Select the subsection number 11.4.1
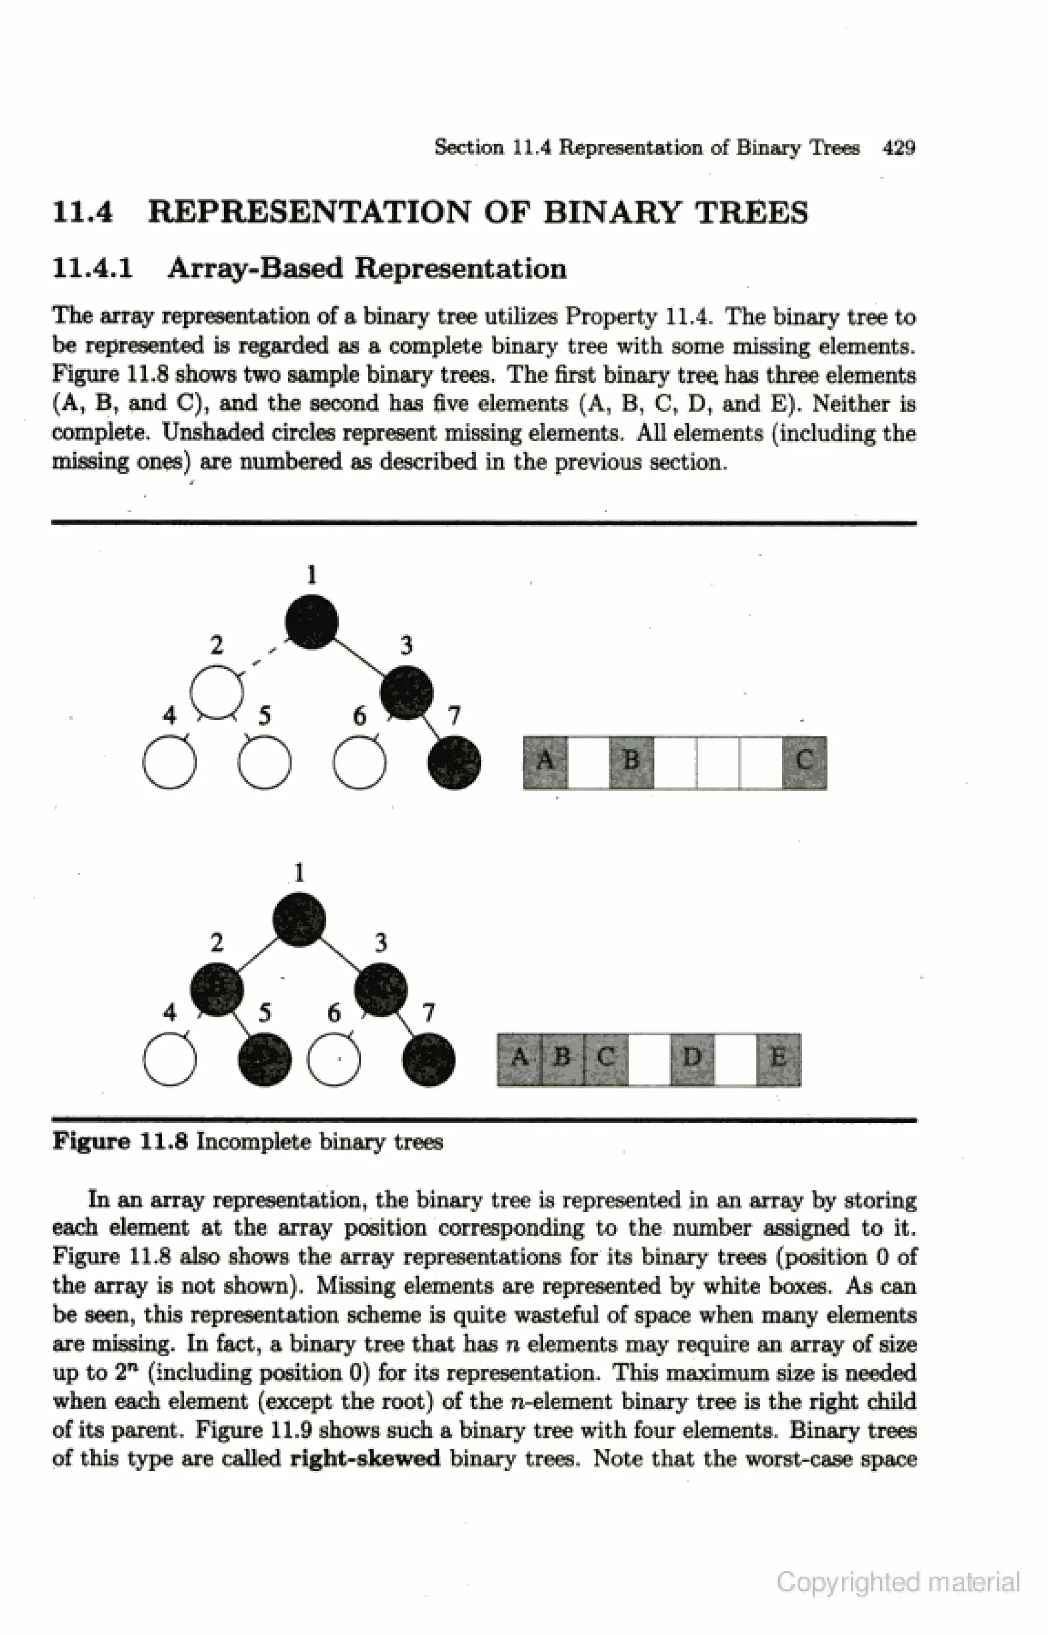93,268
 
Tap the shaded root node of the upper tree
312,622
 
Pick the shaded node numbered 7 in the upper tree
454,762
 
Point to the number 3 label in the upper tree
406,645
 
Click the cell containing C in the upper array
804,762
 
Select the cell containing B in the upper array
631,762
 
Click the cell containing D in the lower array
692,1059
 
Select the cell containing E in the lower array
778,1059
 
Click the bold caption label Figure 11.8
120,1142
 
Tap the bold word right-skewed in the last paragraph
365,1459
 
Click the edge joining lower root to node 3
340,954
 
